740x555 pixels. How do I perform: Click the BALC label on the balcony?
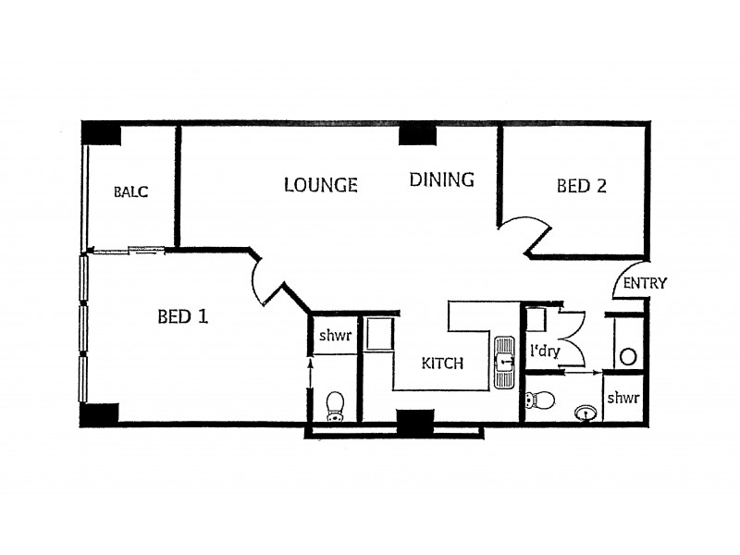point(130,192)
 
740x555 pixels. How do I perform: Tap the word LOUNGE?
point(320,185)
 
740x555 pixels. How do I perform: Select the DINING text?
point(442,179)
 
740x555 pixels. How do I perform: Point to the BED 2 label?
point(581,186)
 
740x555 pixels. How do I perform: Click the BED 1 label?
point(182,317)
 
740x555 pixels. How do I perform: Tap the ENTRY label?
point(645,284)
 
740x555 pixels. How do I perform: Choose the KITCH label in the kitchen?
point(442,364)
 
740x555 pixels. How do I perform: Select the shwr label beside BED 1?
point(335,336)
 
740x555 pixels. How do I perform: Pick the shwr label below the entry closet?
point(623,398)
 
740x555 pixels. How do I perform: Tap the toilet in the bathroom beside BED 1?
point(335,405)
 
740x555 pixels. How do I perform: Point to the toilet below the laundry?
point(539,401)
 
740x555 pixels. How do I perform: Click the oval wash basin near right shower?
point(585,412)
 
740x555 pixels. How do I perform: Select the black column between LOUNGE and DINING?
point(417,135)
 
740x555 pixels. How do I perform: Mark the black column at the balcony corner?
point(101,133)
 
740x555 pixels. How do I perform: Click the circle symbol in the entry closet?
point(628,356)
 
